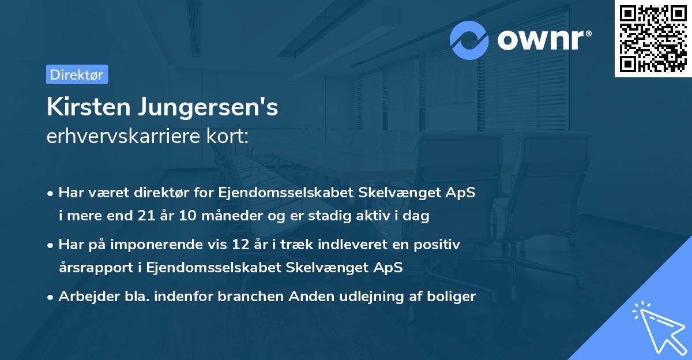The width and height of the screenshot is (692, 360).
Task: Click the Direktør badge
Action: (x=77, y=74)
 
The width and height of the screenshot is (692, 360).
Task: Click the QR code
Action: (x=653, y=39)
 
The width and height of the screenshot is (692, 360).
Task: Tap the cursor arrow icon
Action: (x=657, y=327)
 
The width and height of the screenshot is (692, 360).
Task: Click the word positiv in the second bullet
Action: (x=439, y=245)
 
